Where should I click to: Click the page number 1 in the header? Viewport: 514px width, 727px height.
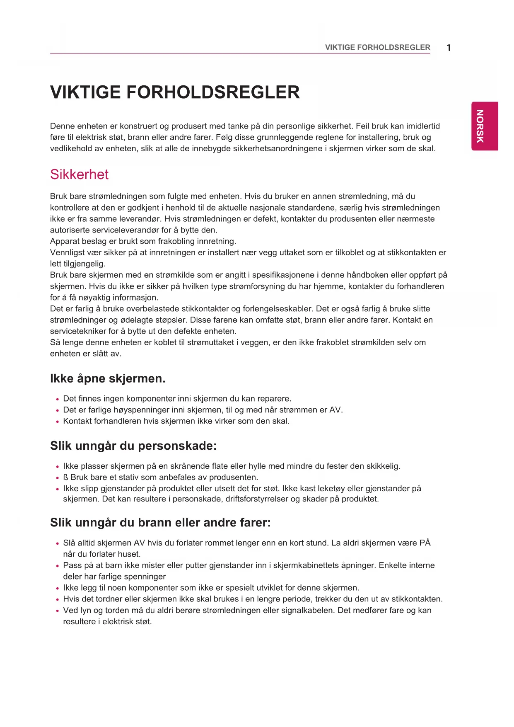pyautogui.click(x=449, y=48)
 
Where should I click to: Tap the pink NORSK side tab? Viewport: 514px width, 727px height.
pyautogui.click(x=484, y=126)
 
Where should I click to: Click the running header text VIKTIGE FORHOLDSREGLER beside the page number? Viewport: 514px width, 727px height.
pyautogui.click(x=377, y=47)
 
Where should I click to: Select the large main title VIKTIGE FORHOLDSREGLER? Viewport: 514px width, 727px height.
pyautogui.click(x=175, y=92)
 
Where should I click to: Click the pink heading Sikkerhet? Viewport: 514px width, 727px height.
pyautogui.click(x=79, y=174)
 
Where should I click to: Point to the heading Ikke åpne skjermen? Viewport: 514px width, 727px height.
pyautogui.click(x=108, y=378)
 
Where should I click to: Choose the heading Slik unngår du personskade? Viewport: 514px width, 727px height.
pyautogui.click(x=133, y=446)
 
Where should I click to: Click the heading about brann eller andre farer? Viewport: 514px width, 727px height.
pyautogui.click(x=160, y=523)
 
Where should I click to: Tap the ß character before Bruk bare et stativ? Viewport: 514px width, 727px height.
pyautogui.click(x=65, y=477)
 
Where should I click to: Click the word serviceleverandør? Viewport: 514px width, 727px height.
pyautogui.click(x=125, y=230)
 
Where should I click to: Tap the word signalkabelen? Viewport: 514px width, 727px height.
pyautogui.click(x=307, y=611)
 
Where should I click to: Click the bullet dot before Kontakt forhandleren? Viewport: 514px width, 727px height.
pyautogui.click(x=57, y=422)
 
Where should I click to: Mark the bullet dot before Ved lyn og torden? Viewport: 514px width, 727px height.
pyautogui.click(x=57, y=611)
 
